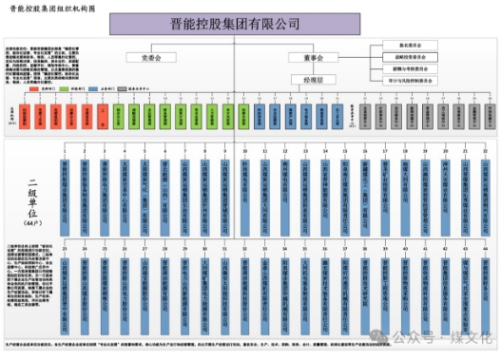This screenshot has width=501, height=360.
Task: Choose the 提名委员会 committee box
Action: click(409, 45)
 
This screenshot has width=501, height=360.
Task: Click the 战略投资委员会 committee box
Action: click(409, 57)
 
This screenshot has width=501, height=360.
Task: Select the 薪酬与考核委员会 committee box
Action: click(409, 68)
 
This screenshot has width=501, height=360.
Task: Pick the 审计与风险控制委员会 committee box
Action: click(409, 81)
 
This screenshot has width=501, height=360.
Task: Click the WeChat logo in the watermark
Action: click(381, 336)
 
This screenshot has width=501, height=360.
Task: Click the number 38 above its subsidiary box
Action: click(364, 249)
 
